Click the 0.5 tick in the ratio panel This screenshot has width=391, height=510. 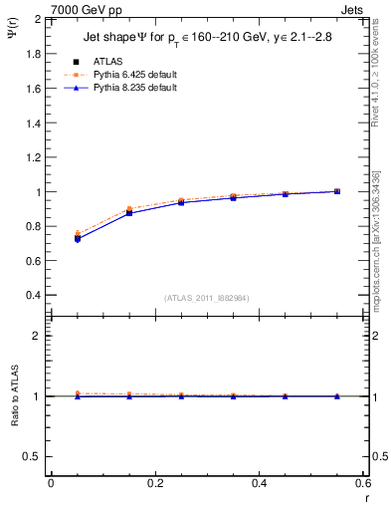[34, 456]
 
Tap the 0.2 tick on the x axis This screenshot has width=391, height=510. [154, 483]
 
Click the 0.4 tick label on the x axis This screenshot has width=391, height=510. [259, 483]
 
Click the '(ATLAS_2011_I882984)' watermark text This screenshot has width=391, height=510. [207, 297]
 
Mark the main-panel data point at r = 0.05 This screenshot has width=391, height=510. [77, 238]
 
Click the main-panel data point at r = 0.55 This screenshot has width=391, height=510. [337, 191]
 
